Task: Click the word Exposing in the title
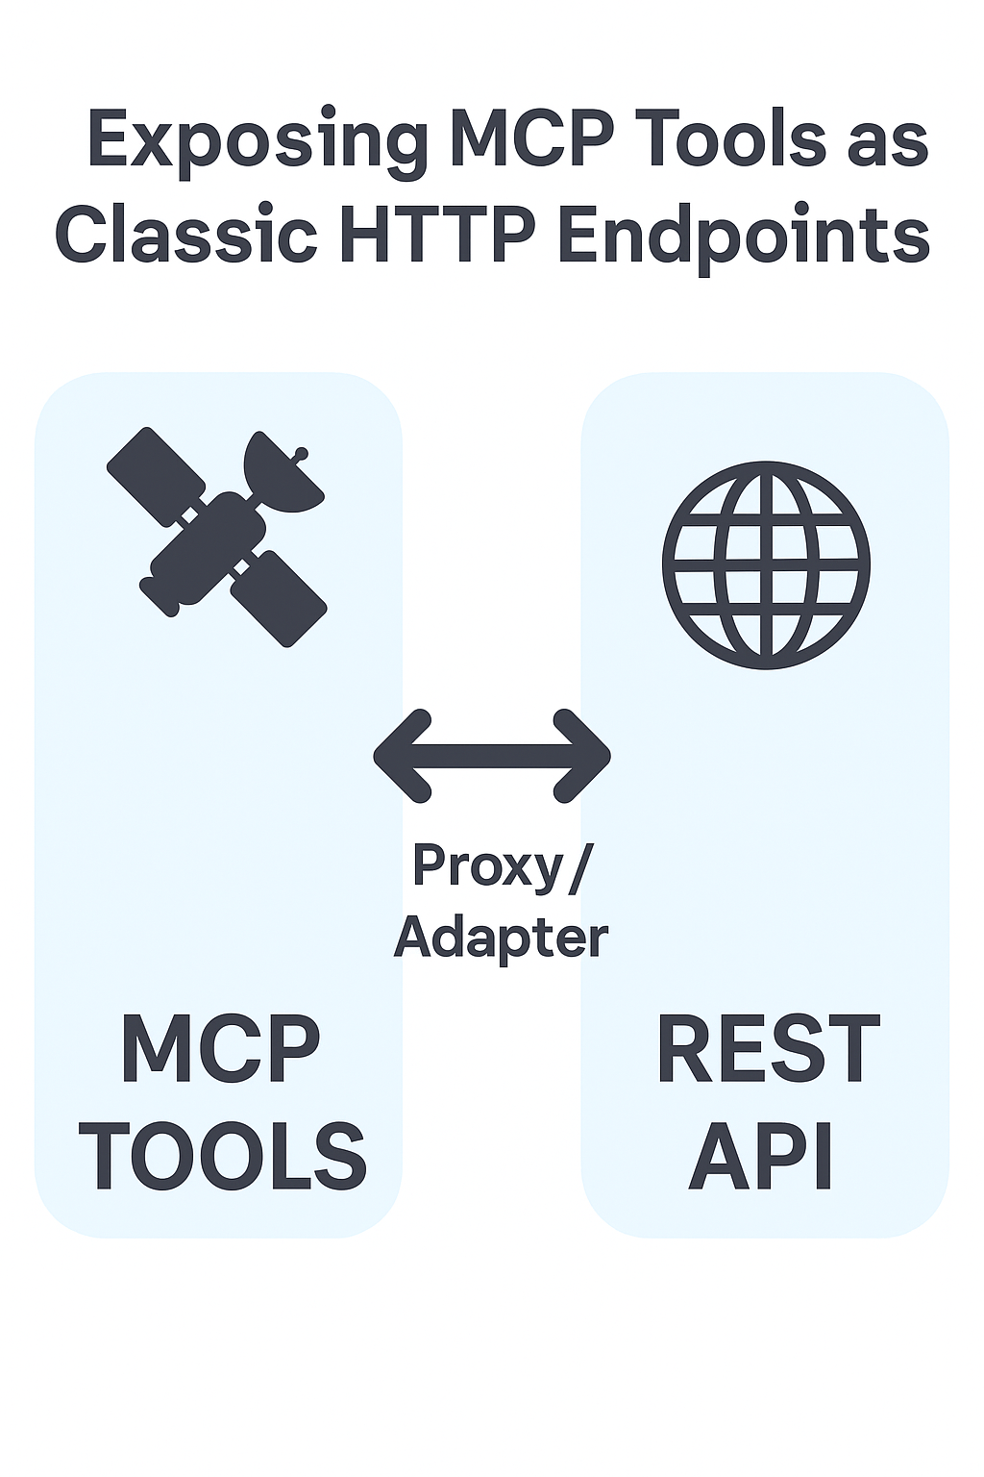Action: coord(257,141)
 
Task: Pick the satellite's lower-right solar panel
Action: coord(280,597)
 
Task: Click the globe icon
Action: coord(766,564)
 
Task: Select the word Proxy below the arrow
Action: coord(487,866)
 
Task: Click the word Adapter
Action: coord(501,937)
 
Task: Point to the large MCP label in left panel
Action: coord(220,1049)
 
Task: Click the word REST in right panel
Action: coord(767,1049)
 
